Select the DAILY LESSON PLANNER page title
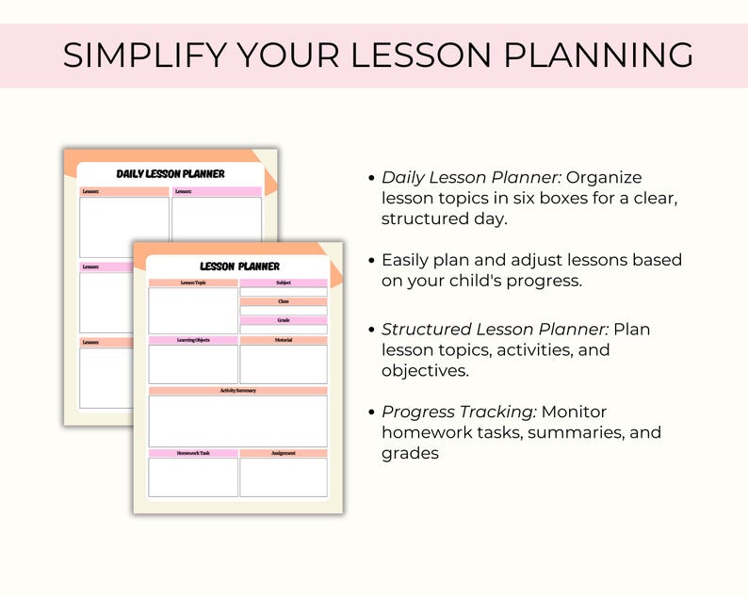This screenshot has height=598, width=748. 171,174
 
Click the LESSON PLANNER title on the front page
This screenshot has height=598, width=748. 239,267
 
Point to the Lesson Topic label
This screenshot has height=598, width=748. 193,283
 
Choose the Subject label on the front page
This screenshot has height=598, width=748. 284,283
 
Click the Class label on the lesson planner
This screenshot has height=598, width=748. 284,301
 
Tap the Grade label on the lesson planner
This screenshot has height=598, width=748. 284,320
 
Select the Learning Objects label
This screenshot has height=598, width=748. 193,340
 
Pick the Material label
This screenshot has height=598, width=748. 284,340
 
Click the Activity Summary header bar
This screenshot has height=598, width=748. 237,390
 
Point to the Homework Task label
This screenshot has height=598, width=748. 193,453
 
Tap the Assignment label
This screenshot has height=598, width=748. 284,453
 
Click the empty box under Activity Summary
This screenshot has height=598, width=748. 237,421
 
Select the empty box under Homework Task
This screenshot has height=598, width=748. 193,477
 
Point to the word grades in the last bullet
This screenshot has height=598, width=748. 410,453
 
